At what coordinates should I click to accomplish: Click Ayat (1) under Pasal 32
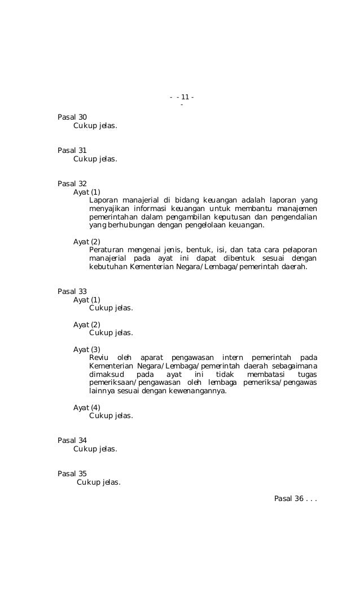pyautogui.click(x=86, y=192)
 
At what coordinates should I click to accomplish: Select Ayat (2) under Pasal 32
pyautogui.click(x=86, y=241)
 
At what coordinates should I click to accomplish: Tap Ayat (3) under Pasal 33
pyautogui.click(x=86, y=349)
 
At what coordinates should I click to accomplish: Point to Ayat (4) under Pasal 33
pyautogui.click(x=86, y=407)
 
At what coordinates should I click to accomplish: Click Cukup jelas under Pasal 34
pyautogui.click(x=95, y=449)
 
